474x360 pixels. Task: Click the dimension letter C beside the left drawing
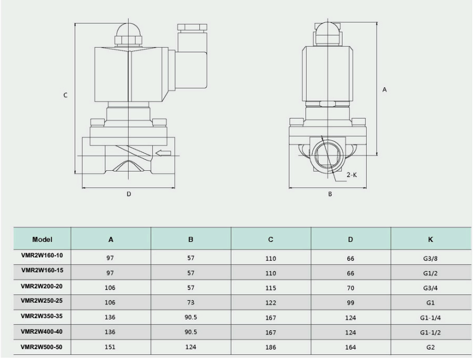(x=65, y=95)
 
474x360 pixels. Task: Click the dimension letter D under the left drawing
(x=129, y=194)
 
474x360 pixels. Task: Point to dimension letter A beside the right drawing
(x=384, y=89)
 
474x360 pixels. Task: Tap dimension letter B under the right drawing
(x=330, y=194)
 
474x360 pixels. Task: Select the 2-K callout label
(x=352, y=175)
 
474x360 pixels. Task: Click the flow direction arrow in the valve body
(x=163, y=153)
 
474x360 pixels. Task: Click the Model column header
(x=42, y=240)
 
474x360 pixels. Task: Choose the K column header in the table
(x=430, y=240)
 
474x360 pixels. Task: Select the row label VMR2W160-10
(x=42, y=256)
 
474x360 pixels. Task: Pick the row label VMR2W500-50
(x=42, y=347)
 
